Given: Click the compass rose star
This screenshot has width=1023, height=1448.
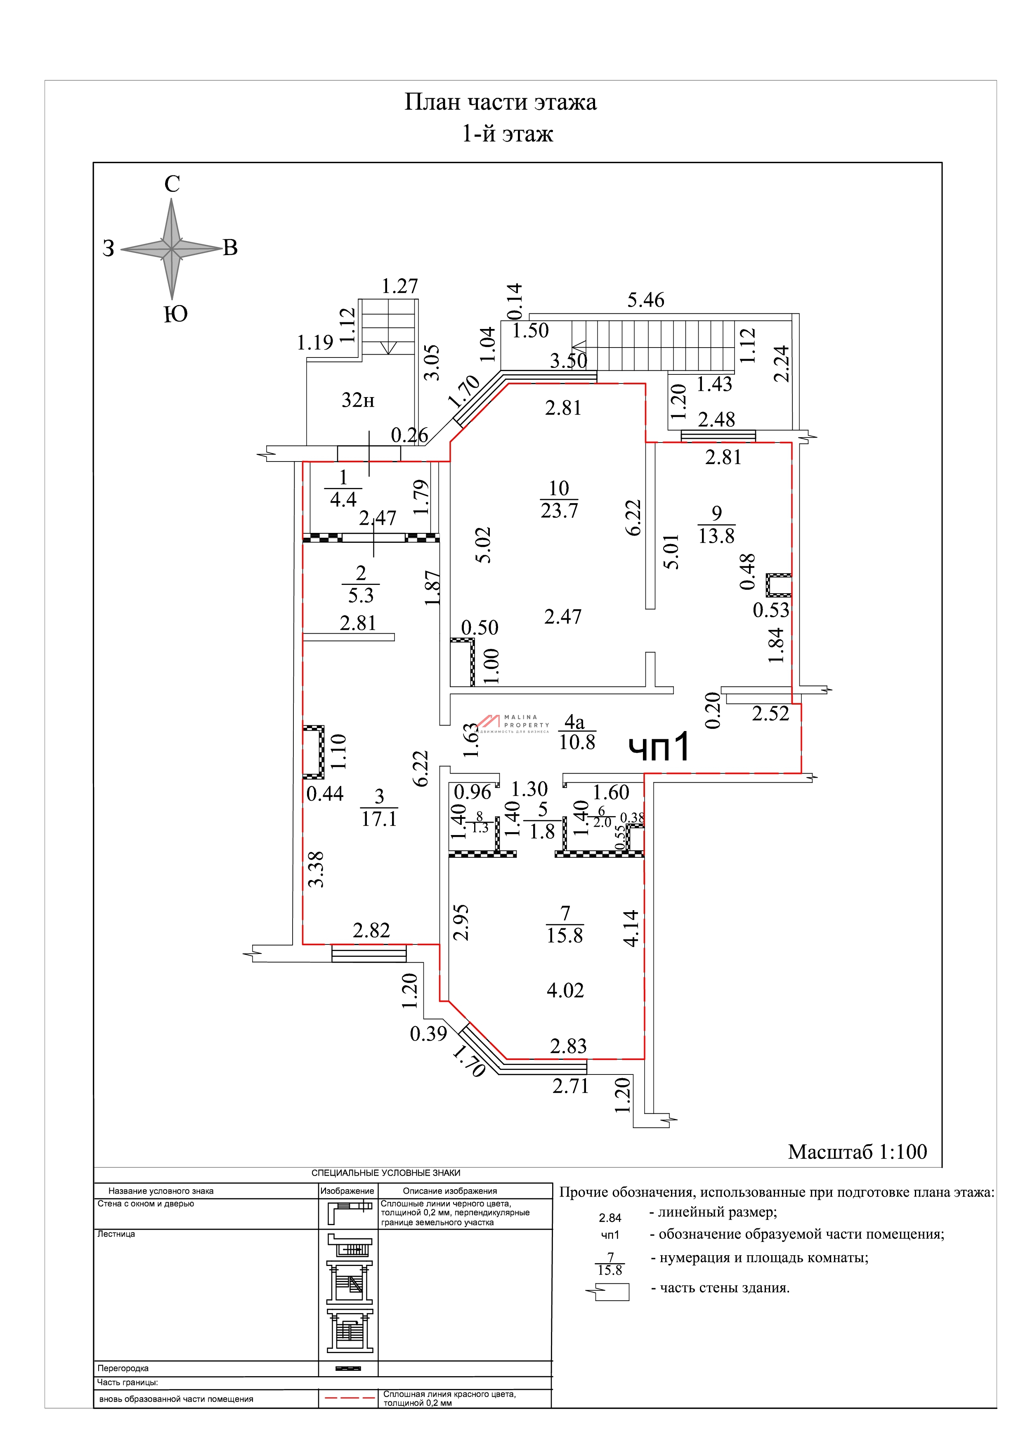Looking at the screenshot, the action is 171,249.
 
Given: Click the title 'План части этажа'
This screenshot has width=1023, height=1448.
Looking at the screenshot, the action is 501,102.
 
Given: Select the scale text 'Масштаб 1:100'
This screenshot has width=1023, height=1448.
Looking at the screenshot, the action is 857,1152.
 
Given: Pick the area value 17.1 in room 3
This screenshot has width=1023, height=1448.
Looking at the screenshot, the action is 379,819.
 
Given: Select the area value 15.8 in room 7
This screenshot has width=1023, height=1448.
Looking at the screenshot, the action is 565,935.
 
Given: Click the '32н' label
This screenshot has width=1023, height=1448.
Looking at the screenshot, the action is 358,400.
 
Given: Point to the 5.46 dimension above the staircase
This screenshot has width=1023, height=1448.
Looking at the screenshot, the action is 645,300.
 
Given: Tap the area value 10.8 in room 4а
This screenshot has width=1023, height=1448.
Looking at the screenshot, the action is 577,742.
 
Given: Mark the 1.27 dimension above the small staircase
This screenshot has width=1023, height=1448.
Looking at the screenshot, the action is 399,286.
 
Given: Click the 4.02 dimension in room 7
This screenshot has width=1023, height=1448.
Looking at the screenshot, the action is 565,990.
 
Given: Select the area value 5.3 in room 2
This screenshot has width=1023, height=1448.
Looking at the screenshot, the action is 361,595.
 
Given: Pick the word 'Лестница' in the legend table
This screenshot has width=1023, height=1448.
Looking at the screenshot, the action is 116,1234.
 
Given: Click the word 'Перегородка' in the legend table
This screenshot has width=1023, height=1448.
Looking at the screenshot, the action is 123,1368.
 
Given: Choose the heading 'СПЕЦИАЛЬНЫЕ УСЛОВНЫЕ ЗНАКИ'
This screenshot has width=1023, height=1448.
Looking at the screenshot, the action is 386,1173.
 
